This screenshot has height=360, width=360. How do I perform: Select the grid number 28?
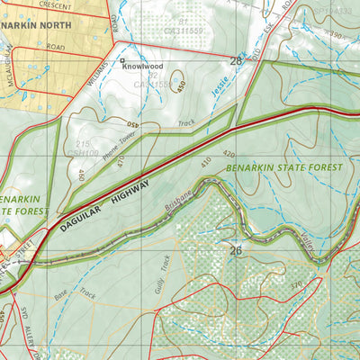point(237,62)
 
